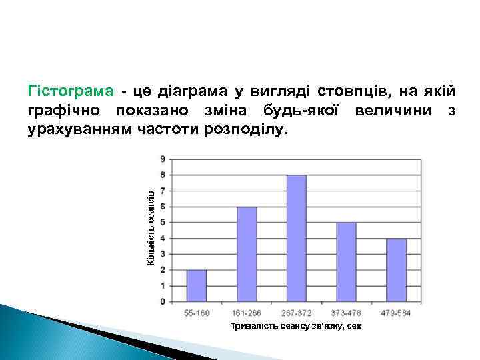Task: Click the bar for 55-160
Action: coord(196,285)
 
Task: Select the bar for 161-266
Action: coord(246,254)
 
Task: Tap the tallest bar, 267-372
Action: coord(296,238)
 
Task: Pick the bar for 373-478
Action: coord(346,262)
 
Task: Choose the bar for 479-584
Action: coord(396,270)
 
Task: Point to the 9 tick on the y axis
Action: coord(163,159)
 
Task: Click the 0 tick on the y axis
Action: coord(163,301)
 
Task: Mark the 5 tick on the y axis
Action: coord(163,223)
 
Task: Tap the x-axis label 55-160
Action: coord(196,312)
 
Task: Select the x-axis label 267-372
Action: coord(296,312)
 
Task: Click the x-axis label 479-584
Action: coord(396,312)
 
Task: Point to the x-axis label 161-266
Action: coord(246,312)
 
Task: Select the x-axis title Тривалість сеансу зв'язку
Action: coord(296,326)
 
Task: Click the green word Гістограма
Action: coord(70,90)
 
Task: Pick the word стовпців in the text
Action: coord(351,90)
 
